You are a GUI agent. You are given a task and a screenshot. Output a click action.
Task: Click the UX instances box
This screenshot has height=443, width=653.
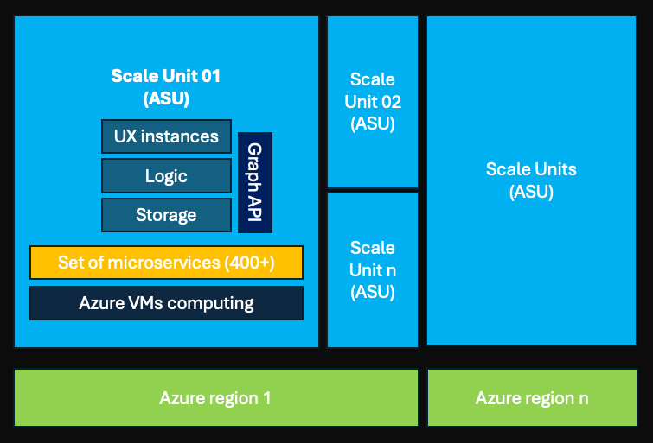click(166, 136)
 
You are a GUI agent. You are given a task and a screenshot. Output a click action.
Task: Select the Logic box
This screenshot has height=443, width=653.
click(166, 176)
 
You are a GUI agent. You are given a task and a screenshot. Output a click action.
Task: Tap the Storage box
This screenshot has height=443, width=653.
click(166, 215)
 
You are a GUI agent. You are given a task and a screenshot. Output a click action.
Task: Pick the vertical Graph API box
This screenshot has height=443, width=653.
click(255, 182)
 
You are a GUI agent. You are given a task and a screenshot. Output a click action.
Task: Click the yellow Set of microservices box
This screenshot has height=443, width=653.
click(166, 263)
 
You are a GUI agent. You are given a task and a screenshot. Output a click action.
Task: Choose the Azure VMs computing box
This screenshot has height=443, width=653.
click(166, 303)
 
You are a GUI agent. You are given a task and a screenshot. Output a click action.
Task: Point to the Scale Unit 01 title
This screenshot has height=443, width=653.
click(166, 76)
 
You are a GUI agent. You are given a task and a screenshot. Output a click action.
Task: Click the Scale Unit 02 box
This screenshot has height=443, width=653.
click(373, 102)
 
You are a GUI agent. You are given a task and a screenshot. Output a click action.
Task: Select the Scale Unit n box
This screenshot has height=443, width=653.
click(373, 270)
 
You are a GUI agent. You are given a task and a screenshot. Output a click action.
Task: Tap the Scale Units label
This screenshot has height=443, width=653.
click(531, 169)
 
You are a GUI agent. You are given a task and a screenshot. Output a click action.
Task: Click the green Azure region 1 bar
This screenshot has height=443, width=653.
click(215, 398)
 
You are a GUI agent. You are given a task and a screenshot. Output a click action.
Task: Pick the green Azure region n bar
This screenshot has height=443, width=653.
click(532, 398)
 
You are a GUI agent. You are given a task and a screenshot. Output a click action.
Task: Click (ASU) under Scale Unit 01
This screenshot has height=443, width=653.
click(166, 99)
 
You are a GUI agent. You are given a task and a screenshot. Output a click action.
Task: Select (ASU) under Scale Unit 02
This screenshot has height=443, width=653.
click(373, 123)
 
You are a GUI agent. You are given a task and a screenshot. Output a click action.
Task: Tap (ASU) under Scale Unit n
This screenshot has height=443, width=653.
click(373, 292)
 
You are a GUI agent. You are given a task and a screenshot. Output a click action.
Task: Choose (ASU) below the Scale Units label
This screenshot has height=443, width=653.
click(531, 192)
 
